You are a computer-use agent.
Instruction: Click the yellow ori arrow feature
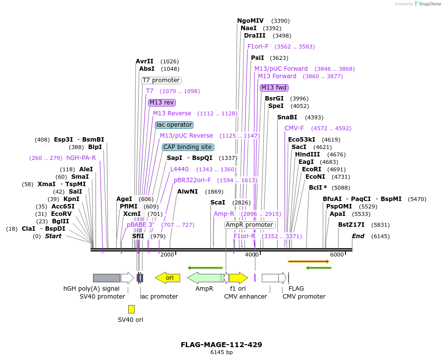167,278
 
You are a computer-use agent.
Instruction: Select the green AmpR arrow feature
205,278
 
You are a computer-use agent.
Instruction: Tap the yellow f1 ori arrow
238,278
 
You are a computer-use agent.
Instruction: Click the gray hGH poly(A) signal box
106,278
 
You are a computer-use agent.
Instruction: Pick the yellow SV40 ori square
131,309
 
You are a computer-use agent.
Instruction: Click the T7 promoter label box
161,80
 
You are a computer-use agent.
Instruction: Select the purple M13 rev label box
162,103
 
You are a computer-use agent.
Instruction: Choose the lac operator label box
174,125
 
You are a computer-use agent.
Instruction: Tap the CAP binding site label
188,147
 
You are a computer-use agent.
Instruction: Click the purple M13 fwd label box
274,88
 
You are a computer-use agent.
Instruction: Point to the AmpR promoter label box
250,225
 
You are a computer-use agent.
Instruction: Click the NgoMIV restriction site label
250,21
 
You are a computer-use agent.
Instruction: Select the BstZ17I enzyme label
351,225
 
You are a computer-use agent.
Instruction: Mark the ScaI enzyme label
218,203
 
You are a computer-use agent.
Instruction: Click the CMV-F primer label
295,128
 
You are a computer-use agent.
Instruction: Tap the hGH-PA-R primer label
81,158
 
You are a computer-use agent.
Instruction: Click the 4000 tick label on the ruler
252,255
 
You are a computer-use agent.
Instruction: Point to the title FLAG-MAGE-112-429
221,345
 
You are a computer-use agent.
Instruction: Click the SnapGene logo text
429,4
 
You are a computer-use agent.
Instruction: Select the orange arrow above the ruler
309,261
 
